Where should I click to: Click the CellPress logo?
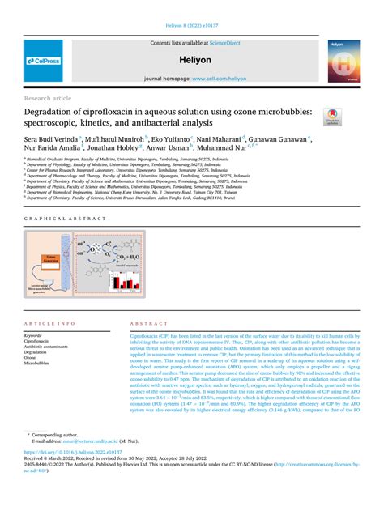coord(44,62)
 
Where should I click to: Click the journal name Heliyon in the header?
coord(192,61)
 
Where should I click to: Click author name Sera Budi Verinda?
coord(53,139)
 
